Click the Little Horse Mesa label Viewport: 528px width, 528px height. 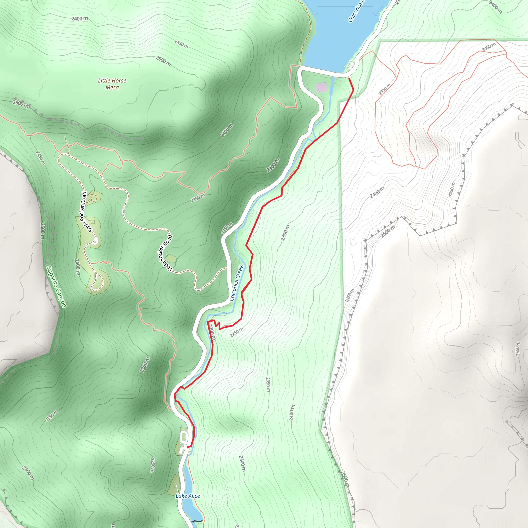coord(112,84)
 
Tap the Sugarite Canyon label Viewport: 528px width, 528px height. coord(56,287)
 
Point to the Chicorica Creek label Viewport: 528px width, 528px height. coord(236,283)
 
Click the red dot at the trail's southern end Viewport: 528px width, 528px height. coord(188,447)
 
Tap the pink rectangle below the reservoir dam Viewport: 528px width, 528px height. coord(321,88)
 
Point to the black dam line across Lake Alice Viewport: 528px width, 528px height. coord(197,521)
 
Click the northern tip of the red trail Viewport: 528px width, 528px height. coord(349,78)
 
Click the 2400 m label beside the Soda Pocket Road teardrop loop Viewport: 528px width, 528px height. coord(77,267)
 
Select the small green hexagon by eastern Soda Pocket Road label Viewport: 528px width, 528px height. coord(171,258)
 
